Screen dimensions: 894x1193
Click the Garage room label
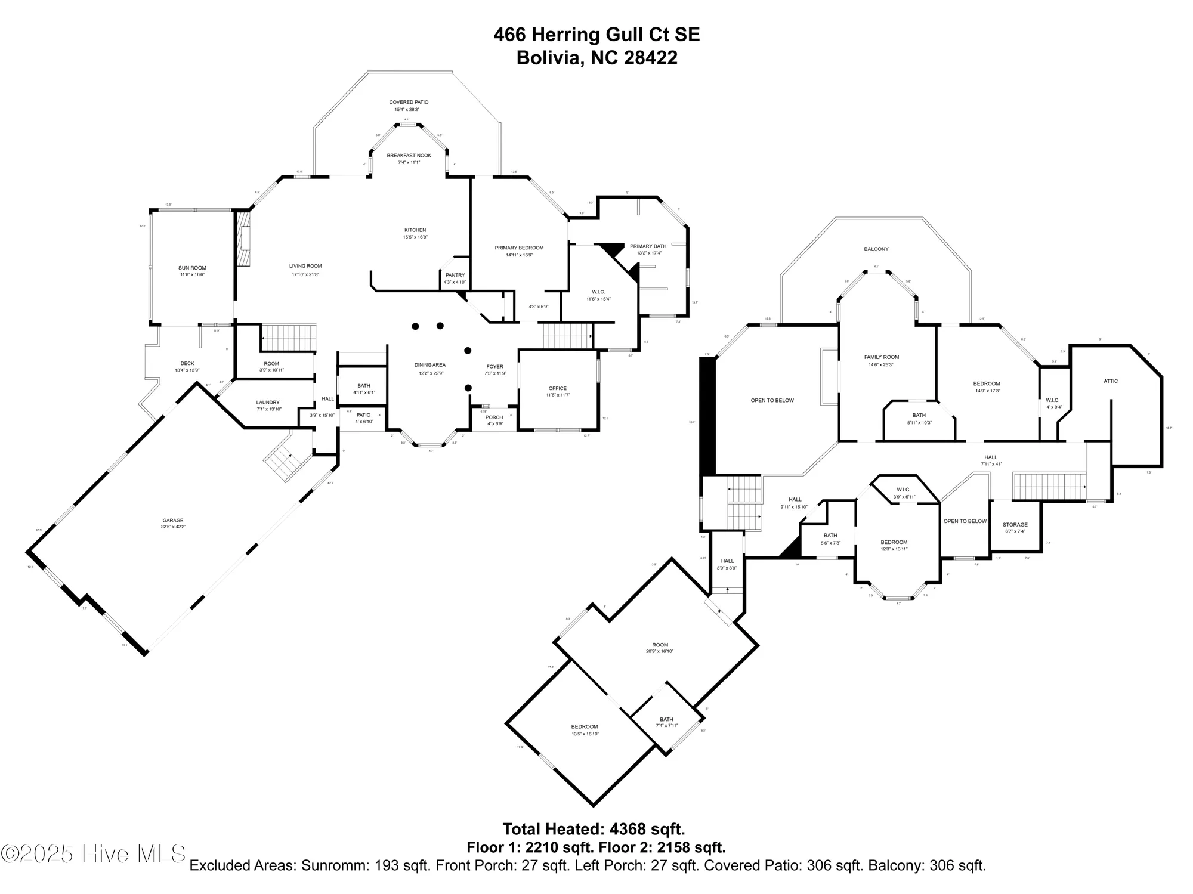173,520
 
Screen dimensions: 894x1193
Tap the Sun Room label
192,268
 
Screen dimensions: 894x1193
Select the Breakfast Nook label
409,156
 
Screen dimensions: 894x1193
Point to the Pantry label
455,275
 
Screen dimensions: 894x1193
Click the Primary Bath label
648,246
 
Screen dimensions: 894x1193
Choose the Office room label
558,388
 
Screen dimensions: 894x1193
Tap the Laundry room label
268,403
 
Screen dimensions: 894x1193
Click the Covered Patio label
409,103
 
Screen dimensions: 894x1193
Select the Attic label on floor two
1111,381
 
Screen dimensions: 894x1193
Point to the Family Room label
881,357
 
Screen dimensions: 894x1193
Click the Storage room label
1015,525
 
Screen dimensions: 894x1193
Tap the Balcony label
876,249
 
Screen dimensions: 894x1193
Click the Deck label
187,363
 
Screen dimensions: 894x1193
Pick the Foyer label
494,367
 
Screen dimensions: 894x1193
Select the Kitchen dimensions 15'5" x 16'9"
415,237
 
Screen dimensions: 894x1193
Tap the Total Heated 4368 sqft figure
594,829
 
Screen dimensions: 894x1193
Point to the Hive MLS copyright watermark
94,853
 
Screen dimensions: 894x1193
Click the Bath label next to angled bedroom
666,719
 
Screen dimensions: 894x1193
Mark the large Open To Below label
772,400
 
